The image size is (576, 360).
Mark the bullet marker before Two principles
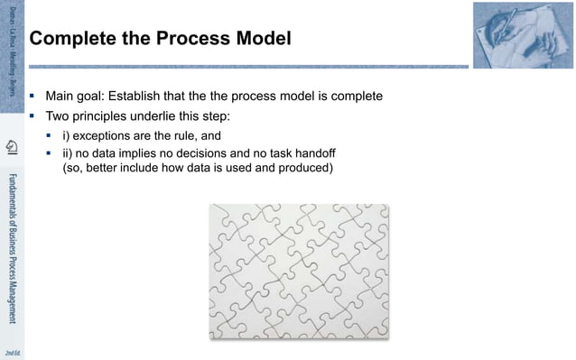[33, 116]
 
